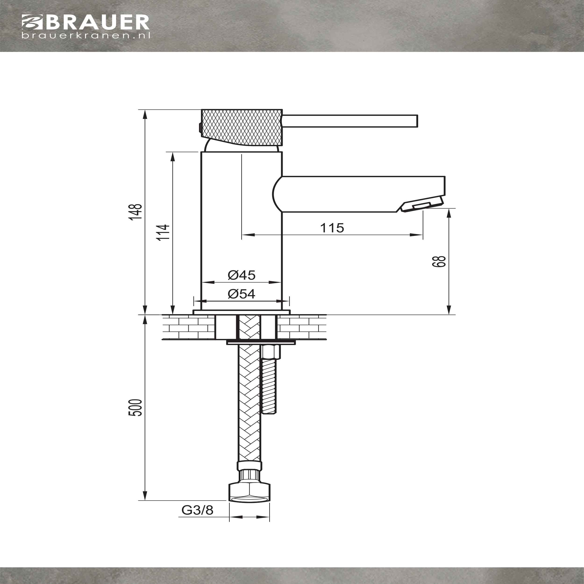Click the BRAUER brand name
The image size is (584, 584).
[x=98, y=22]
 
